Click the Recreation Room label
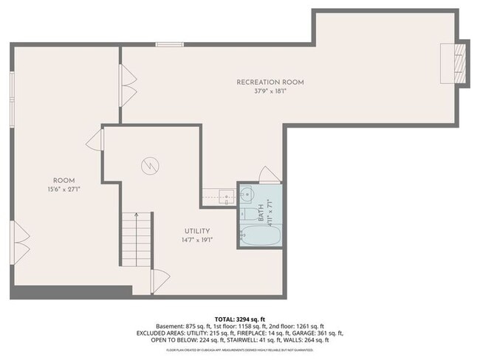(270, 82)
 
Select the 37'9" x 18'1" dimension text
(270, 91)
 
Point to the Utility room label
(196, 231)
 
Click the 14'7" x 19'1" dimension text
(196, 240)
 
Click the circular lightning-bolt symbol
(150, 166)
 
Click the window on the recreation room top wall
(169, 45)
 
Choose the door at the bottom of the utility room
(160, 279)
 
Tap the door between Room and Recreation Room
(128, 75)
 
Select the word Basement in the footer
(171, 325)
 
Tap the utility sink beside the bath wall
(226, 195)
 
